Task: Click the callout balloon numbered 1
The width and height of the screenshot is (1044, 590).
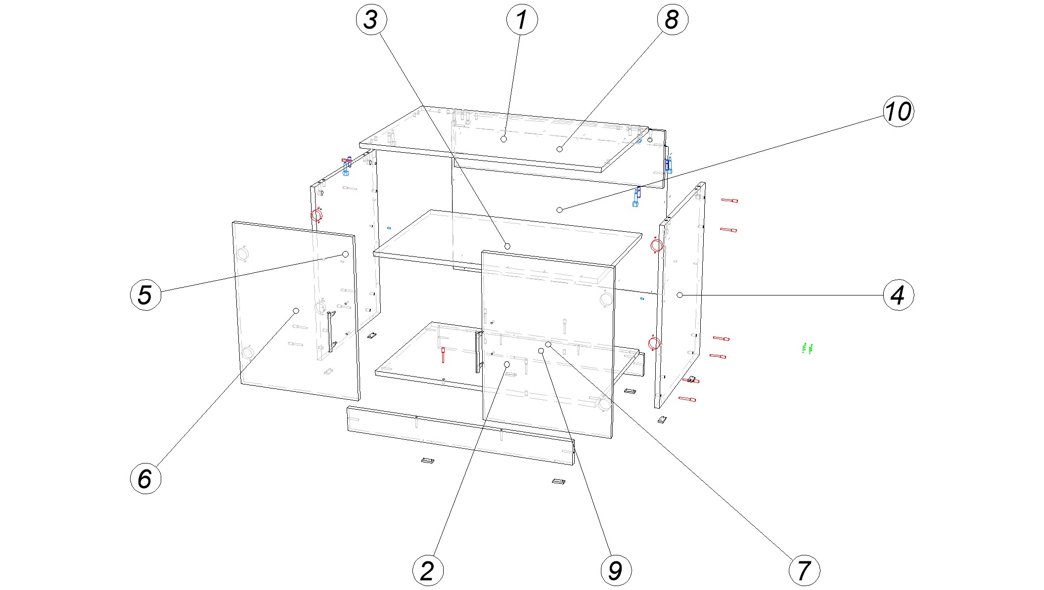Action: [522, 20]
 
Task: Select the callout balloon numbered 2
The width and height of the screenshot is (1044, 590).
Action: [428, 570]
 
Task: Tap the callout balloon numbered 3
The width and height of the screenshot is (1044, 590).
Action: [371, 20]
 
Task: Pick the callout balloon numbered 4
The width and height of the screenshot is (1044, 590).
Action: [898, 295]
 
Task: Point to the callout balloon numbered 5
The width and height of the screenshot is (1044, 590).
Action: [145, 295]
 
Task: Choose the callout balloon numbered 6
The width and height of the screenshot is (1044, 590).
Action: [145, 478]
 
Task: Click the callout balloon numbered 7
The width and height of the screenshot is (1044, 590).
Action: [804, 570]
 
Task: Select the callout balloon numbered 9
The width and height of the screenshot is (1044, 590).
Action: [616, 570]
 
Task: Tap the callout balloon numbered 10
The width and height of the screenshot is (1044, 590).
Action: [898, 112]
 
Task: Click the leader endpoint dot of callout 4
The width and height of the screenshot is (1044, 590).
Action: [680, 295]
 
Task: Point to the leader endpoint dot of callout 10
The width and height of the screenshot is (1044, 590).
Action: [560, 210]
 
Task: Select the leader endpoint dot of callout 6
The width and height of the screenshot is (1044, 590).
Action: [296, 311]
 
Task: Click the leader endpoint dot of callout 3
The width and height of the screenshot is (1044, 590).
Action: [507, 246]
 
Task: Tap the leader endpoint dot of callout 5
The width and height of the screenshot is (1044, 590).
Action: [346, 254]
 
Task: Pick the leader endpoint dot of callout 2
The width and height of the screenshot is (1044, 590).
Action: [507, 364]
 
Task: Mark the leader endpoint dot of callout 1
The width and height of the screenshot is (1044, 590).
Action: [503, 139]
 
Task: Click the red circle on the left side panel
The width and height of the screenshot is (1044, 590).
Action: [316, 215]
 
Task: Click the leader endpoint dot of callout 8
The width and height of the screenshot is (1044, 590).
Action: [560, 149]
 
